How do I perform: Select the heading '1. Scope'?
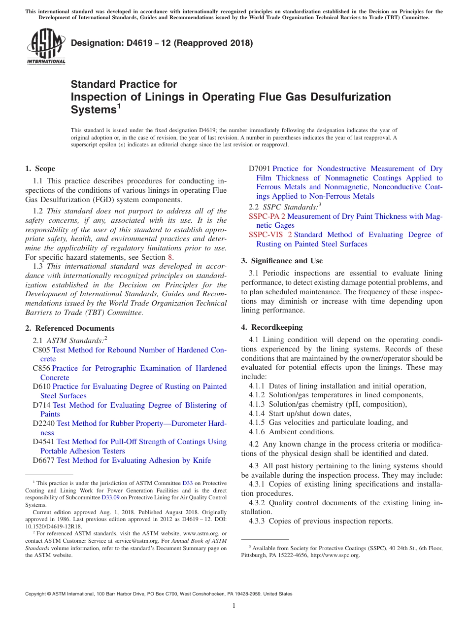point(40,169)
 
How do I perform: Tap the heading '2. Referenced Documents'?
point(69,328)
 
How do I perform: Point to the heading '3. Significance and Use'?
point(282,261)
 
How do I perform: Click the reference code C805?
point(41,350)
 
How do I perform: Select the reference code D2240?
point(44,423)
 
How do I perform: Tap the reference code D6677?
point(44,460)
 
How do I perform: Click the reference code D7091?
point(260,169)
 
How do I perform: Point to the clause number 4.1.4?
point(257,414)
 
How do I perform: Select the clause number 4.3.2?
point(257,503)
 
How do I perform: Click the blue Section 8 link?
point(170,257)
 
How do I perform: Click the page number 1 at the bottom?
point(234,606)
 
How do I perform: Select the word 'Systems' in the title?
point(94,110)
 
